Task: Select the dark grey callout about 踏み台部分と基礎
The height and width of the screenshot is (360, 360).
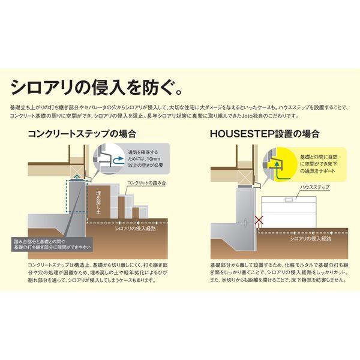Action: (54, 244)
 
